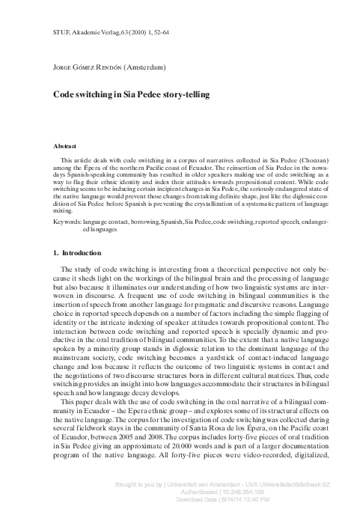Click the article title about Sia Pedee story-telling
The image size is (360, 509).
pos(126,95)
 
